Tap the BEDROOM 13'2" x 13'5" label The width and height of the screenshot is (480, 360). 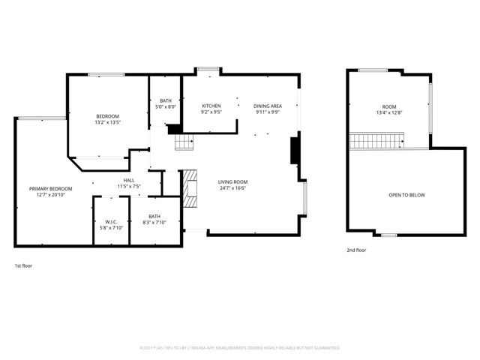point(107,116)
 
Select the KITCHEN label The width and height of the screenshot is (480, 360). point(211,106)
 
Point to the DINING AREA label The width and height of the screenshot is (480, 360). point(267,106)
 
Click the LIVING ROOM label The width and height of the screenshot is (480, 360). point(232,182)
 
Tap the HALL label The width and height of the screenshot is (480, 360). point(129,181)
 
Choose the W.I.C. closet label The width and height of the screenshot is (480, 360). point(110,222)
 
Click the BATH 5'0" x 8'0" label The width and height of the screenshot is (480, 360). point(165,101)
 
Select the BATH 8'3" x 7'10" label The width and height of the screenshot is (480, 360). point(154,217)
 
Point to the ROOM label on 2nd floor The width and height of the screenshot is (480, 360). point(388,106)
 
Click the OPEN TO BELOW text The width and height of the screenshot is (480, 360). point(406,195)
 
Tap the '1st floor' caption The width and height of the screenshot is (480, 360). point(23,265)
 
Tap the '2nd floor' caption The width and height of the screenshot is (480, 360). point(356,250)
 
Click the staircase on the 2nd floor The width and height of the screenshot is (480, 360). point(377,140)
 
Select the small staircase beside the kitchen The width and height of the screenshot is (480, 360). point(184,142)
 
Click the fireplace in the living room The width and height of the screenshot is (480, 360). point(190,187)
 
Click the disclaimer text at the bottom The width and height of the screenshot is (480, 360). point(240,348)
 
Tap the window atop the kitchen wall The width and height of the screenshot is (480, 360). point(208,70)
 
